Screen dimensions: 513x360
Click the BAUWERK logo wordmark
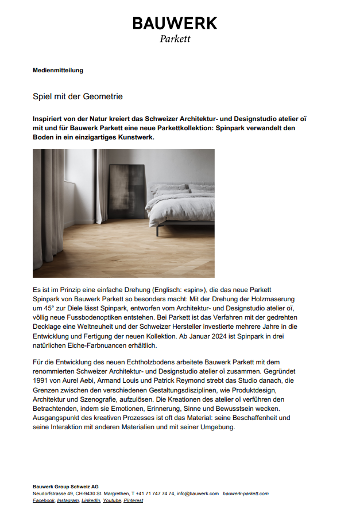coord(175,24)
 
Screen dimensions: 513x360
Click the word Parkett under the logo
coord(175,39)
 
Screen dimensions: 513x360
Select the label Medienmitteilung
coord(58,71)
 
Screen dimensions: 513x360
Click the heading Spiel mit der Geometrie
coord(78,97)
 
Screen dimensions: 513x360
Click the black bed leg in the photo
coord(157,231)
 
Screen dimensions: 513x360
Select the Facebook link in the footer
coord(44,500)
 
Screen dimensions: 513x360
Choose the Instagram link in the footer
coord(68,500)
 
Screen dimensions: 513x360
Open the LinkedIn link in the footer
coord(91,500)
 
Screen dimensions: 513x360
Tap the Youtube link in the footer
coord(112,500)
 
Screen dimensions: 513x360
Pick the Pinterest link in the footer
coord(133,500)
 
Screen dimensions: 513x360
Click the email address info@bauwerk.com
coord(198,493)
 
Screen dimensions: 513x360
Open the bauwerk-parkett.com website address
coord(245,493)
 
